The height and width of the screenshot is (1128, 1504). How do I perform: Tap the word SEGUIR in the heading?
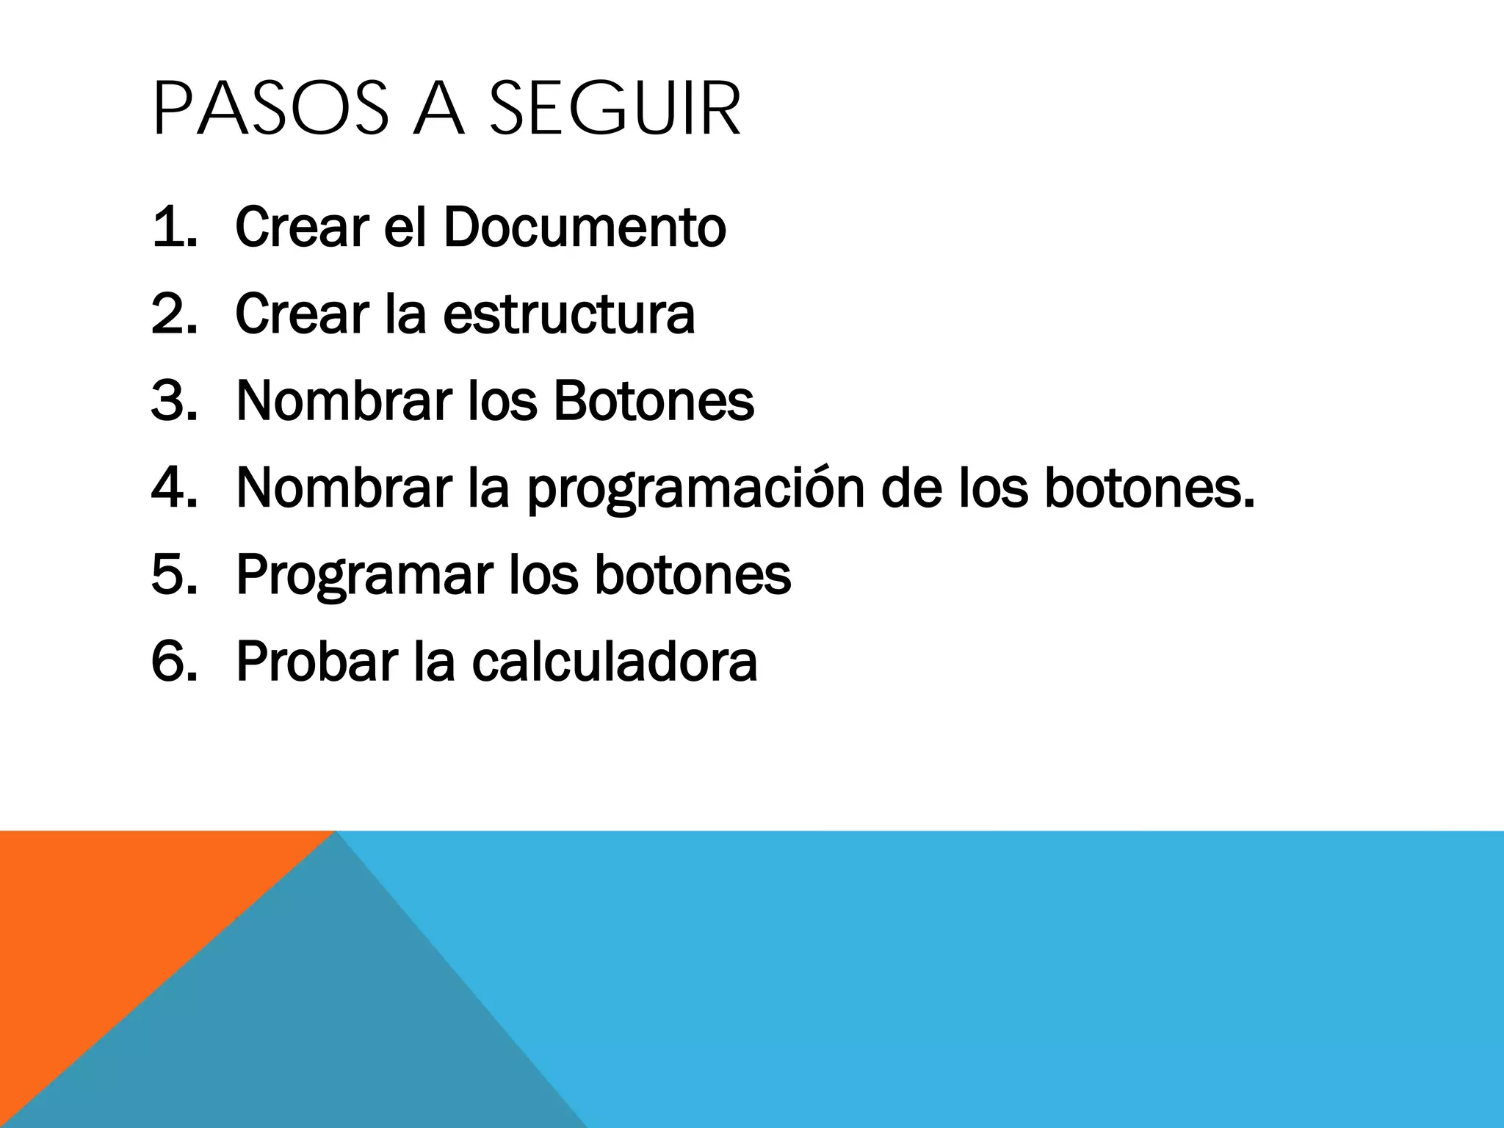[x=615, y=110]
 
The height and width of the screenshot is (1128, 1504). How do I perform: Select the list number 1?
[x=173, y=228]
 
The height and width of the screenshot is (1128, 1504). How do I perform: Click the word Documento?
[x=584, y=228]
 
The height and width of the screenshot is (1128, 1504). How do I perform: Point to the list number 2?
[x=173, y=314]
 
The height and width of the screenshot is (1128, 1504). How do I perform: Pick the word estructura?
[x=568, y=314]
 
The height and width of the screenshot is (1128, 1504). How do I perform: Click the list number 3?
[x=173, y=401]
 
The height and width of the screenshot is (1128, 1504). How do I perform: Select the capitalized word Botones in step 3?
[x=653, y=401]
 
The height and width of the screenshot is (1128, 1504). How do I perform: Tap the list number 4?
[x=173, y=488]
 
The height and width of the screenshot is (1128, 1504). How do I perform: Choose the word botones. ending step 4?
[x=1149, y=488]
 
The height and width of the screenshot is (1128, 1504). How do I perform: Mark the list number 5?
[x=173, y=574]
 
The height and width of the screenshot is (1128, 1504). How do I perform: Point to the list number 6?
[x=173, y=661]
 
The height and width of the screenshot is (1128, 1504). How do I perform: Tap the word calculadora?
[x=614, y=661]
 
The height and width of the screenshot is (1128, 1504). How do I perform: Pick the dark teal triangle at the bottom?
[x=330, y=1028]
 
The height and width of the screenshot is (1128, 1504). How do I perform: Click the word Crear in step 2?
[x=302, y=314]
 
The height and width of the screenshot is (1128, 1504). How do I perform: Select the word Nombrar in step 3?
[x=344, y=401]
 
